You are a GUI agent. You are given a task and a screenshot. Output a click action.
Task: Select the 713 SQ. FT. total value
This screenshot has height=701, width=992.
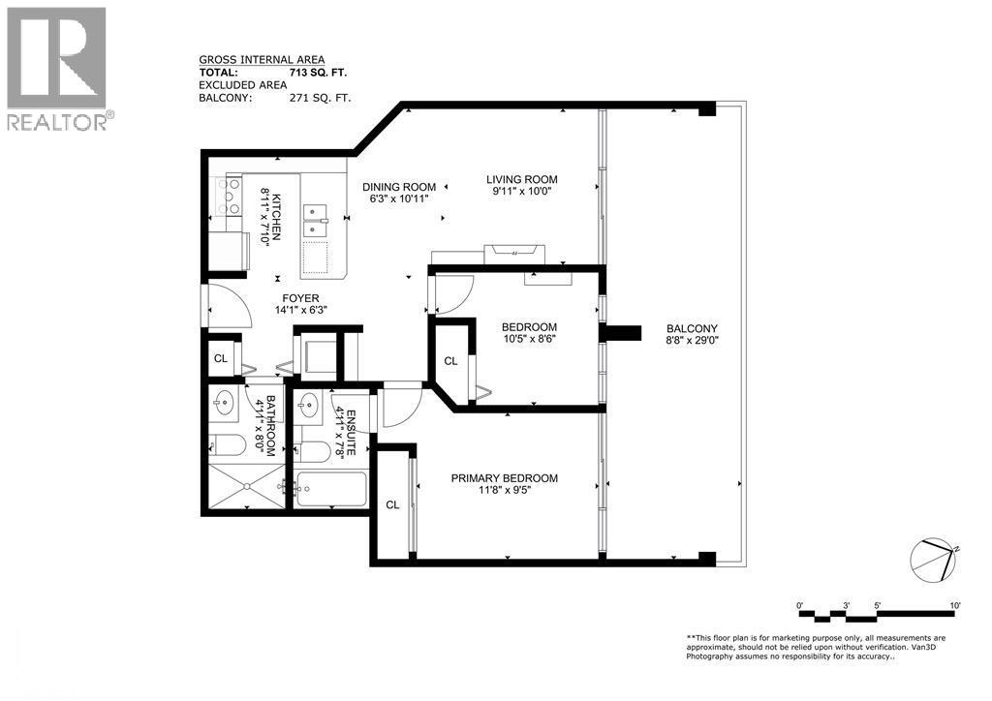318,72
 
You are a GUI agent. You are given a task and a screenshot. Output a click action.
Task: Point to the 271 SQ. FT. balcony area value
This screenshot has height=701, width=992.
320,98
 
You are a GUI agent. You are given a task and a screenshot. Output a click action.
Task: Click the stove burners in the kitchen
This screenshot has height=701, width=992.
232,197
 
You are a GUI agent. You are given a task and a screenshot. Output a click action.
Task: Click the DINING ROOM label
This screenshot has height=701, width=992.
399,187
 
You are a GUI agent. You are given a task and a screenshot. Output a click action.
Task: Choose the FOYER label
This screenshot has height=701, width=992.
300,298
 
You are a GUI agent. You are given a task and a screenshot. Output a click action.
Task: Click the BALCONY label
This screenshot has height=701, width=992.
692,327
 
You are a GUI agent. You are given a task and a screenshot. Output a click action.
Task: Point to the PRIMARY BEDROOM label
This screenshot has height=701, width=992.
504,478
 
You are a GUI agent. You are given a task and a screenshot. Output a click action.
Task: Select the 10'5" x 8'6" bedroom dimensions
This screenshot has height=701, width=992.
529,339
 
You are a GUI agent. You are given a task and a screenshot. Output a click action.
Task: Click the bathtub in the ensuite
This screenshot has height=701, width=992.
331,489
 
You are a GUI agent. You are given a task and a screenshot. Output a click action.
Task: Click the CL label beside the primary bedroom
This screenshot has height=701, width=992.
392,504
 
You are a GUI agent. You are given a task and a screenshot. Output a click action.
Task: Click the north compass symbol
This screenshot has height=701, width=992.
933,558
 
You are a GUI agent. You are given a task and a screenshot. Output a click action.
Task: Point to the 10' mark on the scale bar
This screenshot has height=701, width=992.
954,605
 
